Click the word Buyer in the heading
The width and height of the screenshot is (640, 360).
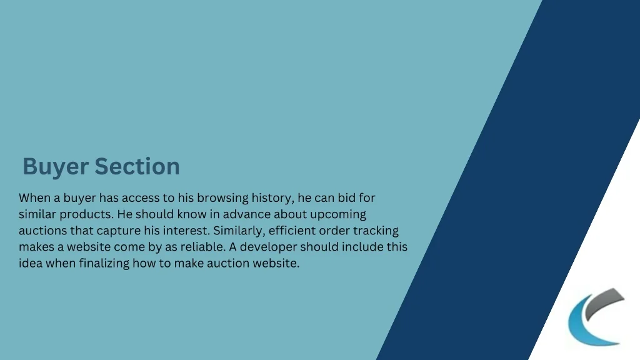click(x=56, y=167)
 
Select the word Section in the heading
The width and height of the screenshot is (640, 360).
click(x=137, y=166)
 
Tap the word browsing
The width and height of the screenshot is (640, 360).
click(x=223, y=198)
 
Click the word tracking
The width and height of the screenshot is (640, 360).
click(x=376, y=231)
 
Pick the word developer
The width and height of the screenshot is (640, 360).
click(x=268, y=247)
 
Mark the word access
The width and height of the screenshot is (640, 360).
click(x=141, y=198)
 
